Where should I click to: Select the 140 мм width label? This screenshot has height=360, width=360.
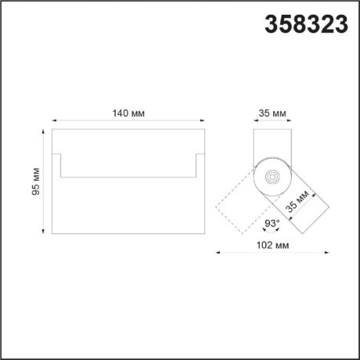coord(128,113)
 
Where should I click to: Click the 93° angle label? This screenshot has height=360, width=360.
coord(271,224)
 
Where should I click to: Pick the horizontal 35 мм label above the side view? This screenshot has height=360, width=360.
coord(272,113)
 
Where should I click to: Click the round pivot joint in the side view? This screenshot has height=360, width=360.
coord(272,177)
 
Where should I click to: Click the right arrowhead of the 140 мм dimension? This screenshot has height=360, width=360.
coord(203,121)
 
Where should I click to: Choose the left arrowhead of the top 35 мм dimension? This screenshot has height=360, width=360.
coord(255,121)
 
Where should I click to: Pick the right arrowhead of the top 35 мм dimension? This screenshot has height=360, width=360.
coord(290,121)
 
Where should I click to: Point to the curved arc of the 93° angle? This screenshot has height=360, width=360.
coord(272,232)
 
